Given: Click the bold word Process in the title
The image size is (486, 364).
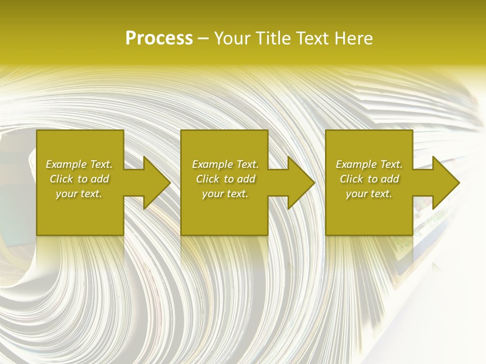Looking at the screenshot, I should (159, 38).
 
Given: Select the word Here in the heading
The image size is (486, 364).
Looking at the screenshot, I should (354, 38).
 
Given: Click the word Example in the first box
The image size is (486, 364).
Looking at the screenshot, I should (66, 164).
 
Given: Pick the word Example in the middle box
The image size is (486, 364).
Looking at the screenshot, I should (212, 164).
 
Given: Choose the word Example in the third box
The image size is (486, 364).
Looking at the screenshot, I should (356, 164).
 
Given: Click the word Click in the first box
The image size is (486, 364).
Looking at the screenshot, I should (61, 179).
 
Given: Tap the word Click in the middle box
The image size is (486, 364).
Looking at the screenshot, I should (208, 179).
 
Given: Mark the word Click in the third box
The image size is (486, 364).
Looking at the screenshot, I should (351, 179).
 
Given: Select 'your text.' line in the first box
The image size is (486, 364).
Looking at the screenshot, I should (79, 194).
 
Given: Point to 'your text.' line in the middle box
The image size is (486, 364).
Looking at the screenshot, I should (225, 194).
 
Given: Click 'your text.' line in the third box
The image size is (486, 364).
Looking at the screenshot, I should (369, 194).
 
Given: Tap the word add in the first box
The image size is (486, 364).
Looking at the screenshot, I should (100, 179).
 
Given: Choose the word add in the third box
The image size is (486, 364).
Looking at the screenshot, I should (390, 179).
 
